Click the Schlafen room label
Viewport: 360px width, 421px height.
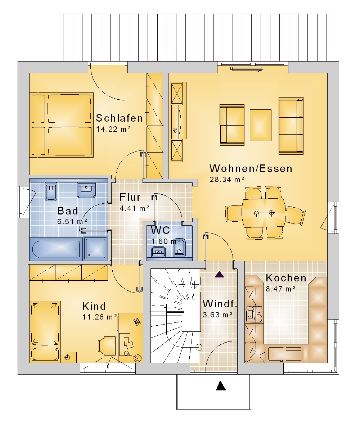pyautogui.click(x=119, y=118)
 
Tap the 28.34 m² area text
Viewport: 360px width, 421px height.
pyautogui.click(x=227, y=179)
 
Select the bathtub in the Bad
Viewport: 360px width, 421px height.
pyautogui.click(x=56, y=249)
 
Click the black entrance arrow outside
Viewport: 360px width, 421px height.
pyautogui.click(x=221, y=385)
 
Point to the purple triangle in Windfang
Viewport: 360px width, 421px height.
pyautogui.click(x=220, y=275)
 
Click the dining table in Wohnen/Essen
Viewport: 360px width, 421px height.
pyautogui.click(x=264, y=213)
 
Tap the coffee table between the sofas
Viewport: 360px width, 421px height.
pyautogui.click(x=260, y=125)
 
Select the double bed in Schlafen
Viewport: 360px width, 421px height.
pyautogui.click(x=62, y=125)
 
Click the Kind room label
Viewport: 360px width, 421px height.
pyautogui.click(x=94, y=306)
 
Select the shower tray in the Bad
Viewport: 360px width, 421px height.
pyautogui.click(x=96, y=248)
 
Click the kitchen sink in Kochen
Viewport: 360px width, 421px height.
pyautogui.click(x=276, y=354)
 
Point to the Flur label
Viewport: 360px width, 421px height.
pyautogui.click(x=130, y=197)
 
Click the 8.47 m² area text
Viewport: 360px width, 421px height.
pyautogui.click(x=281, y=289)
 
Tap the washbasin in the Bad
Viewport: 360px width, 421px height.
pyautogui.click(x=86, y=190)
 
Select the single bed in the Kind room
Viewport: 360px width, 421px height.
pyautogui.click(x=45, y=332)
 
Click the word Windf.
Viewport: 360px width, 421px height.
pyautogui.click(x=220, y=304)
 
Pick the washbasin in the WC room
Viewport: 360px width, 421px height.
pyautogui.click(x=158, y=252)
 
